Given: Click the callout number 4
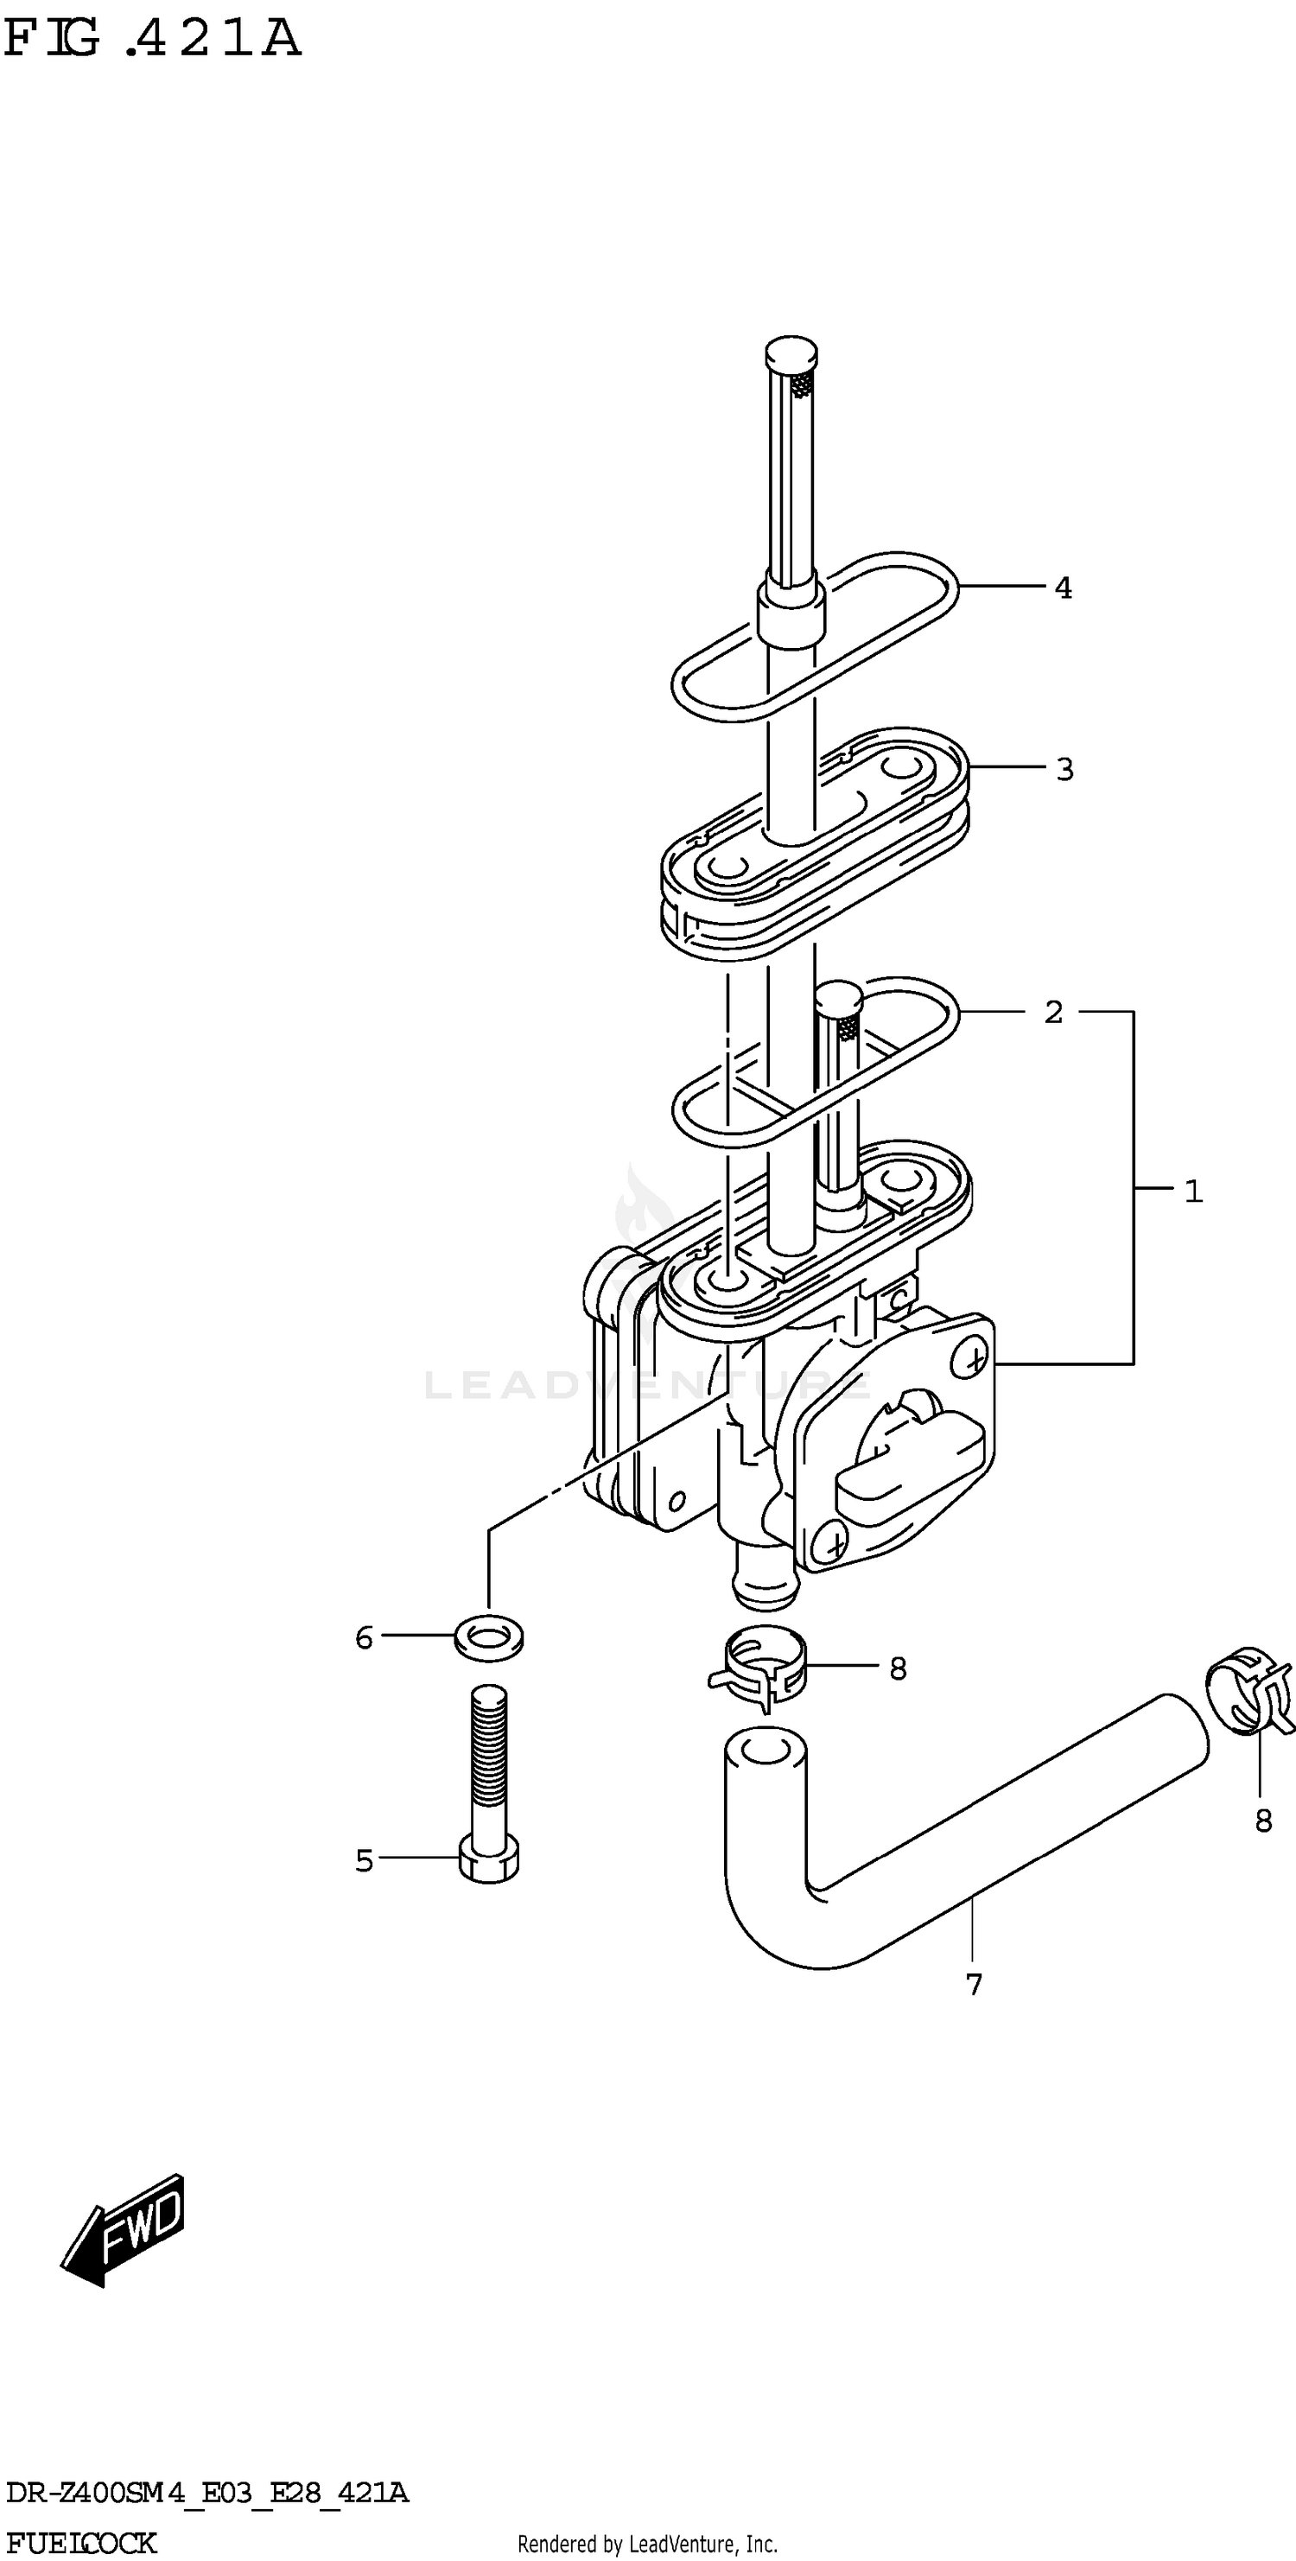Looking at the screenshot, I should tap(1064, 588).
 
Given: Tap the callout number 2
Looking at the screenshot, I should tap(1053, 1012).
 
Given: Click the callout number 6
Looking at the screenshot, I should tap(364, 1637).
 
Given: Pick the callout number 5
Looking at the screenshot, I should tap(364, 1860).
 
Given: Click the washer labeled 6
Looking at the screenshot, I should tap(489, 1636).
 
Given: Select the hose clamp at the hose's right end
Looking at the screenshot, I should tap(1248, 1689).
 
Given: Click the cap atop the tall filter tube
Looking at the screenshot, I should tap(791, 352).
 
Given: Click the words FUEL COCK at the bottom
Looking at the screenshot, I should tap(80, 2542).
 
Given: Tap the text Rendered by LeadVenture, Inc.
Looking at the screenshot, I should tap(647, 2544).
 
